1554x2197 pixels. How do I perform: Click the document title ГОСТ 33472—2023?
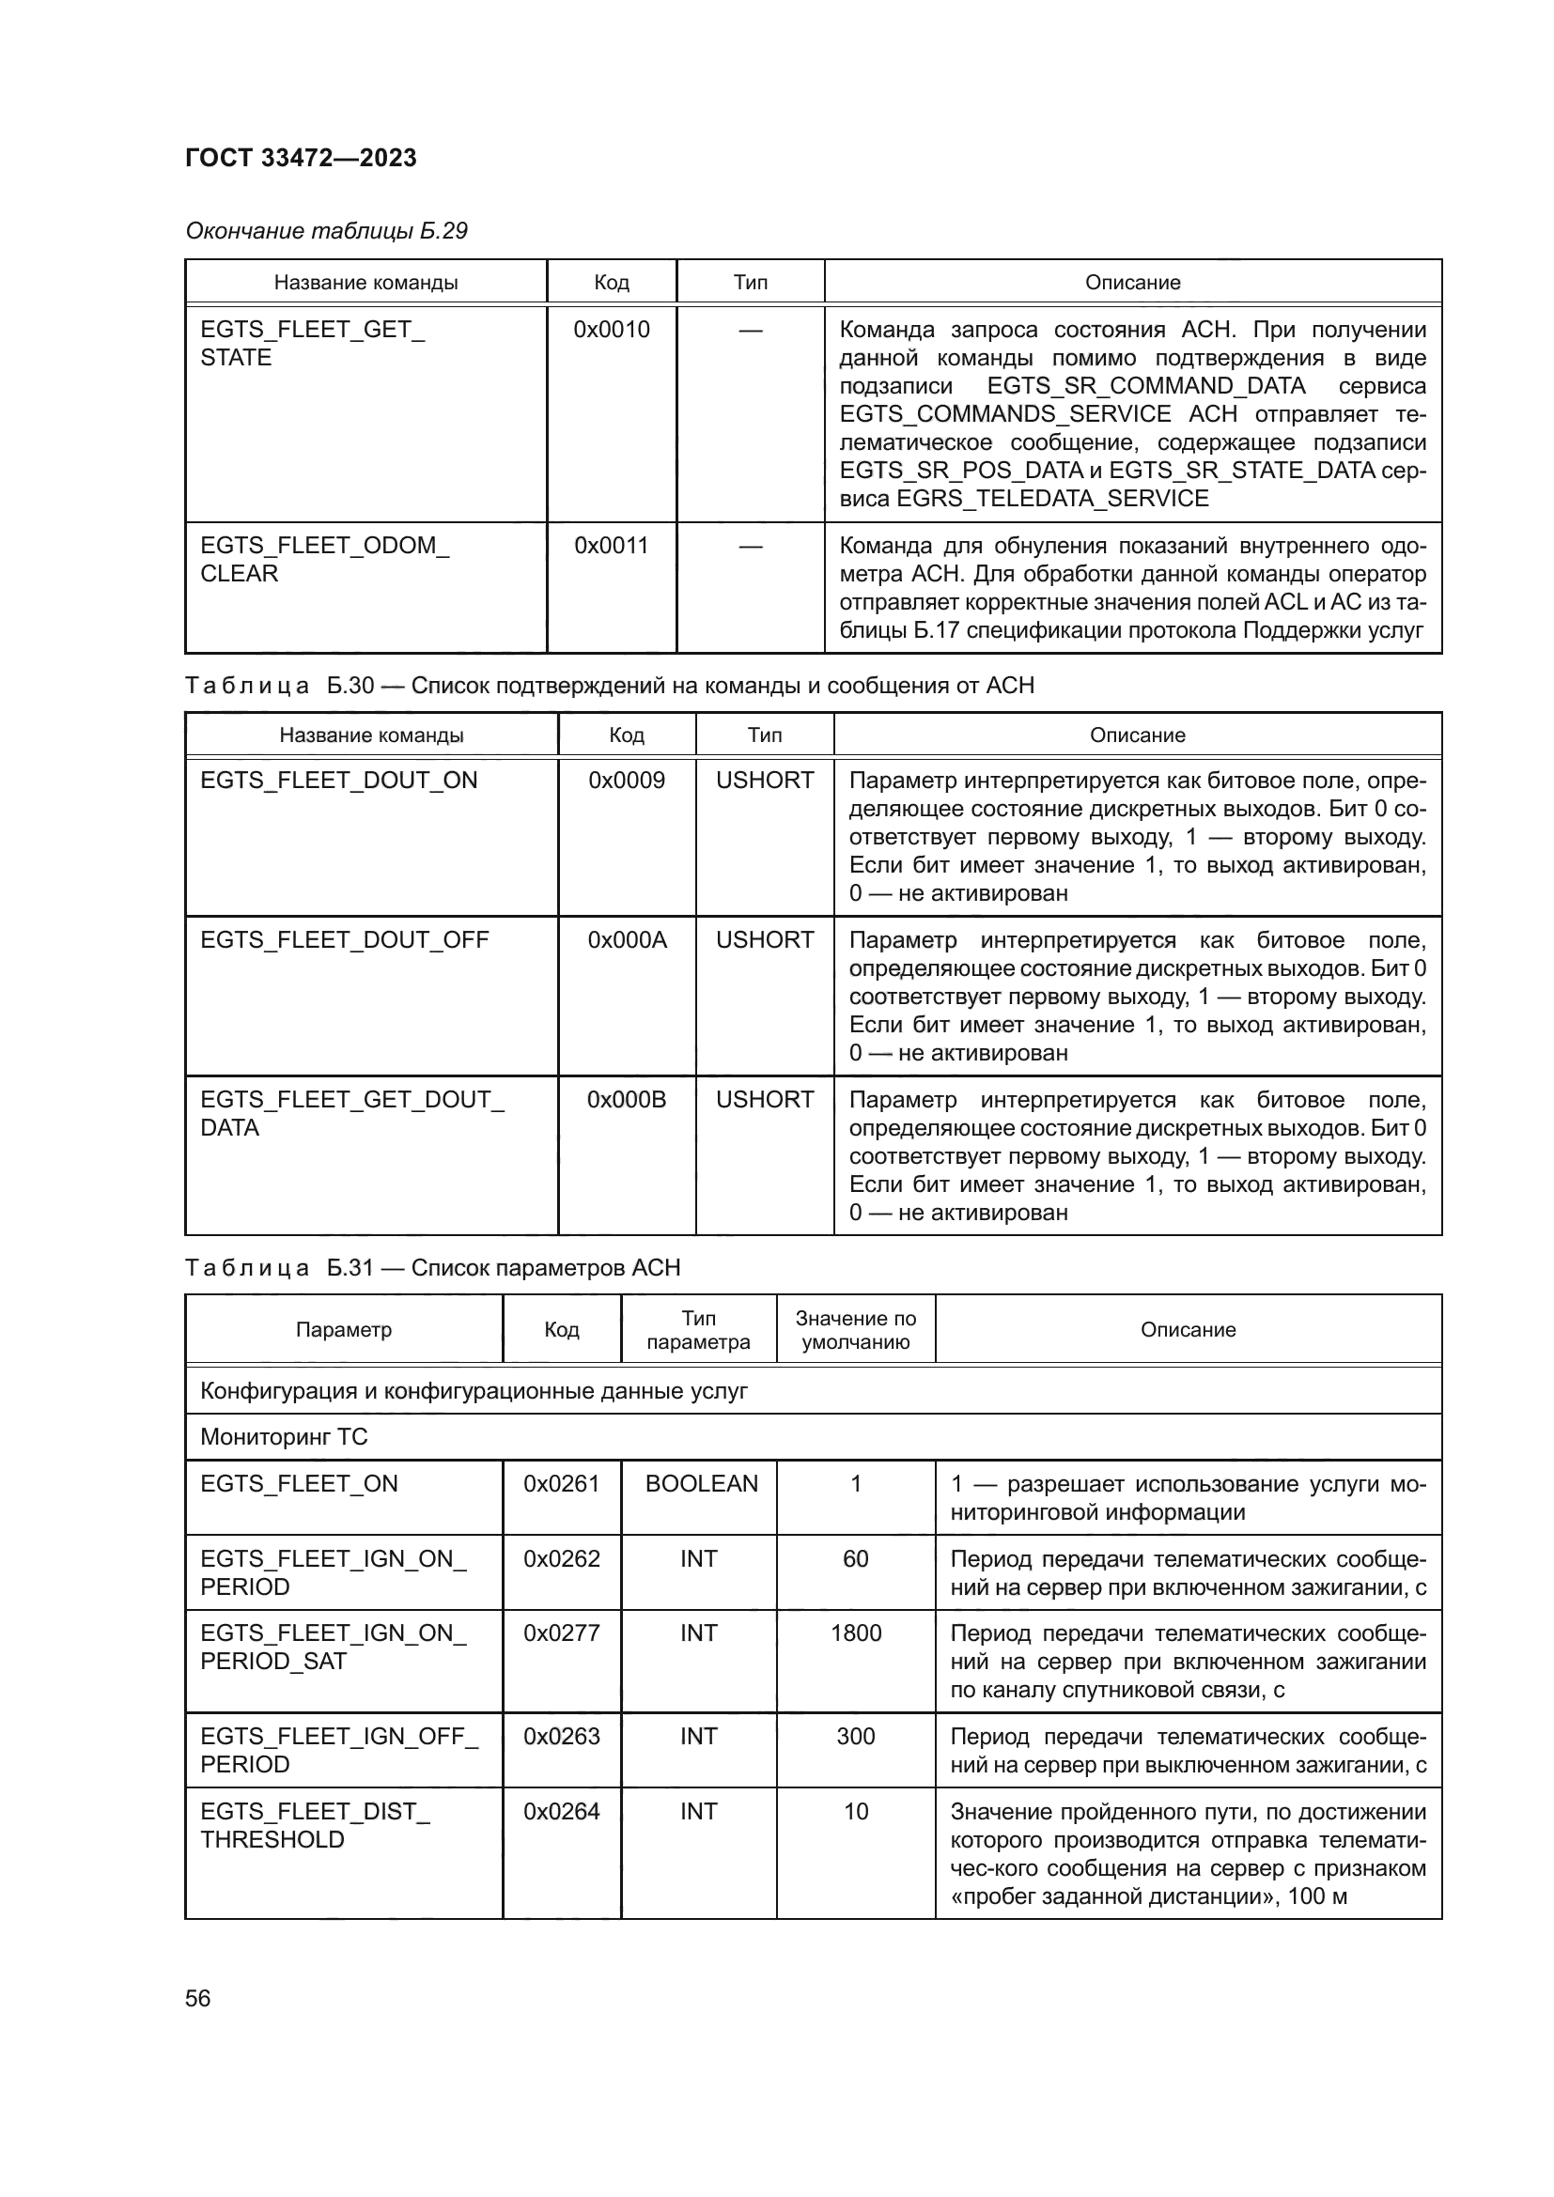tap(301, 158)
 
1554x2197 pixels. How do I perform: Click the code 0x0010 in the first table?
tap(611, 329)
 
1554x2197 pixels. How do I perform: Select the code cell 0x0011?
tap(611, 546)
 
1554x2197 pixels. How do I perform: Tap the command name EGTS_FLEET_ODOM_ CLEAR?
tap(323, 559)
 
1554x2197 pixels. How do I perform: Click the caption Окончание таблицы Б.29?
tap(325, 231)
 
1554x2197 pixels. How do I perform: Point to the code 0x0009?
tap(626, 780)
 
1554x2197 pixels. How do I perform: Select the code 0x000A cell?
tap(626, 939)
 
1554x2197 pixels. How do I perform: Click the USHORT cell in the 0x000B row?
tap(764, 1100)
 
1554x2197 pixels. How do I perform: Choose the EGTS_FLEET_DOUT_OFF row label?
tap(344, 939)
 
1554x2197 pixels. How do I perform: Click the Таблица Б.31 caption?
tap(431, 1268)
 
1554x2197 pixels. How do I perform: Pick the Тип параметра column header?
tap(697, 1329)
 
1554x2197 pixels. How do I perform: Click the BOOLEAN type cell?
tap(701, 1483)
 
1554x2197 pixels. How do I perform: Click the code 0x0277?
tap(561, 1632)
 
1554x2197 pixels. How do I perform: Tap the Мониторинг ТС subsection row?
tap(283, 1436)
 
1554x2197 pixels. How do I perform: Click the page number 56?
tap(197, 1998)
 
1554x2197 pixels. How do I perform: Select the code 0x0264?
tap(561, 1811)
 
